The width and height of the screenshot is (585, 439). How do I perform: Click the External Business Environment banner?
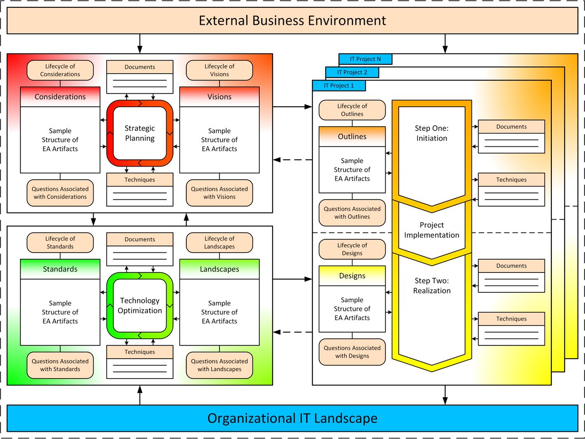(292, 21)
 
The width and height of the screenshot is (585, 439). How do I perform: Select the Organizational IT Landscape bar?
(292, 418)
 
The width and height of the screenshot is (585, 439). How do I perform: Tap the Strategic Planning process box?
(140, 134)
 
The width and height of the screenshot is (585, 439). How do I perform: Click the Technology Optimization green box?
(140, 306)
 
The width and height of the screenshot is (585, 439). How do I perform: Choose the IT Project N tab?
(366, 59)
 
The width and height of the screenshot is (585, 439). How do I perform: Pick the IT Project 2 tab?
(352, 73)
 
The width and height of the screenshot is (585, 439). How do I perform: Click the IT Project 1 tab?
(338, 86)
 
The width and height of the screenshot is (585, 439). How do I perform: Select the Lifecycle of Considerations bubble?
(60, 70)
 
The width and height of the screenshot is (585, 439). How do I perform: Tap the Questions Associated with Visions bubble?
(219, 193)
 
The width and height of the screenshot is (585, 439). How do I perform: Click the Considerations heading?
(60, 96)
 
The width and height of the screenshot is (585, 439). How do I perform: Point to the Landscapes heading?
(219, 269)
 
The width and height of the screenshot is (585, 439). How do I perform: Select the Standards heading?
(60, 269)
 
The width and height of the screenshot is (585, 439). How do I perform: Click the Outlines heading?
(352, 136)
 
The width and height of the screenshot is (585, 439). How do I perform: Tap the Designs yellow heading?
(352, 276)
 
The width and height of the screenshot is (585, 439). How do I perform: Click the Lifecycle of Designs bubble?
(352, 249)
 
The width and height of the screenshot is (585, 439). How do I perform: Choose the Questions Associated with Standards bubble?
(60, 365)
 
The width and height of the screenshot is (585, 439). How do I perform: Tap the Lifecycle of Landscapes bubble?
(219, 242)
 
